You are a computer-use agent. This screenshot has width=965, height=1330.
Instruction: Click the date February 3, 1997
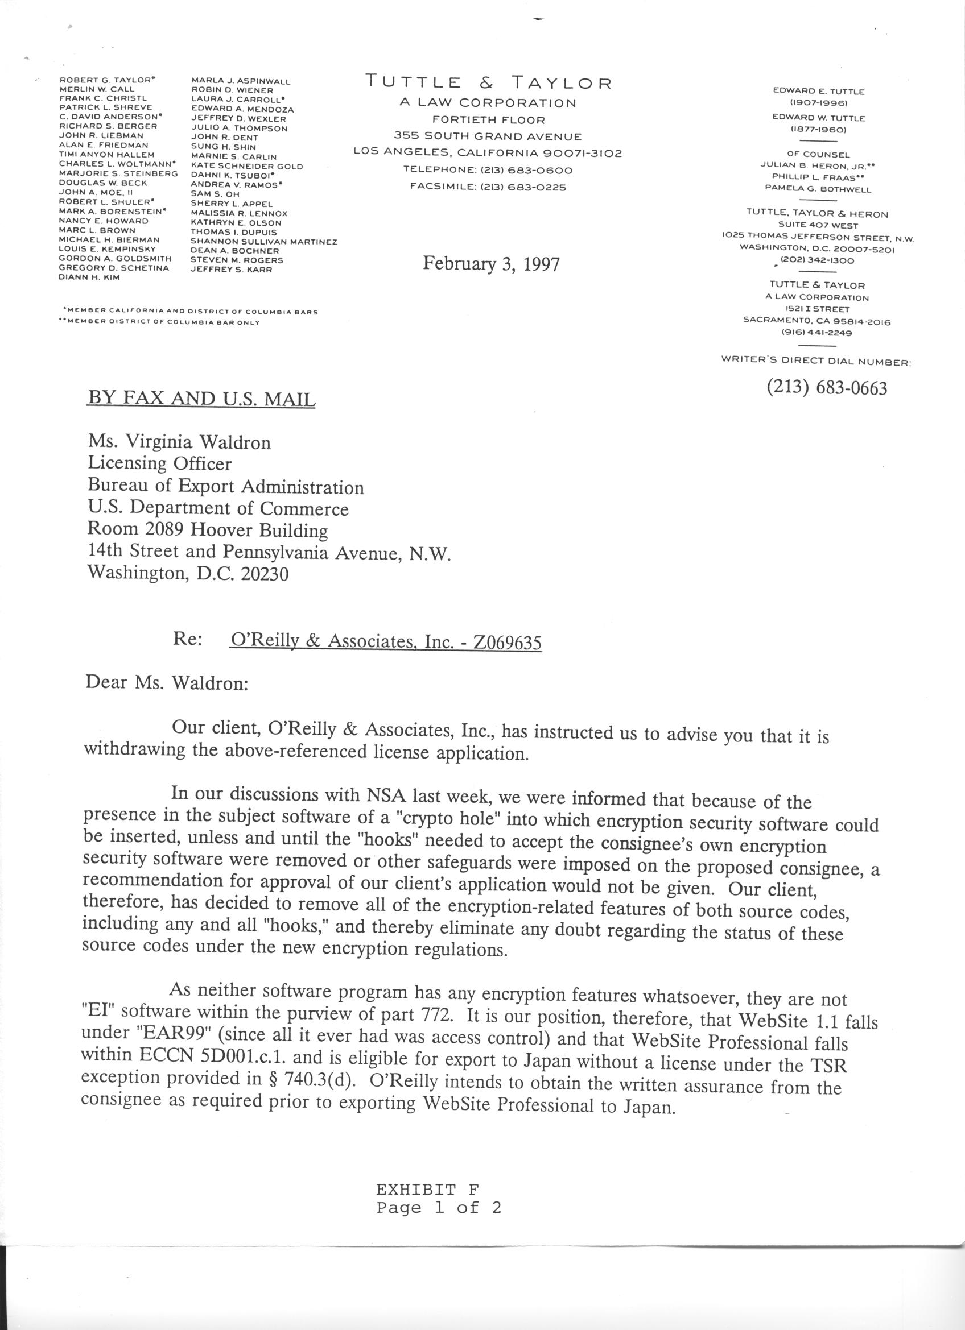click(x=491, y=264)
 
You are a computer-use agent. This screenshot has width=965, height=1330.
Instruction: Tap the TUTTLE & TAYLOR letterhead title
click(x=489, y=82)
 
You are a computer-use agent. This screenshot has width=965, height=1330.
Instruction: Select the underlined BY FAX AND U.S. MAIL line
click(x=201, y=398)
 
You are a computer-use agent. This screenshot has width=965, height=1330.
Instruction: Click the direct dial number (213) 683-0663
click(x=827, y=388)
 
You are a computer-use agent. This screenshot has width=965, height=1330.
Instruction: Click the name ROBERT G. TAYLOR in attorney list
click(x=107, y=79)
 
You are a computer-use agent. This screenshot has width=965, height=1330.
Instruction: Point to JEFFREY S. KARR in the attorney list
click(x=231, y=270)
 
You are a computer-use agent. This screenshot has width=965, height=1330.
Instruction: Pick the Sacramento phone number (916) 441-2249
click(x=816, y=333)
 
